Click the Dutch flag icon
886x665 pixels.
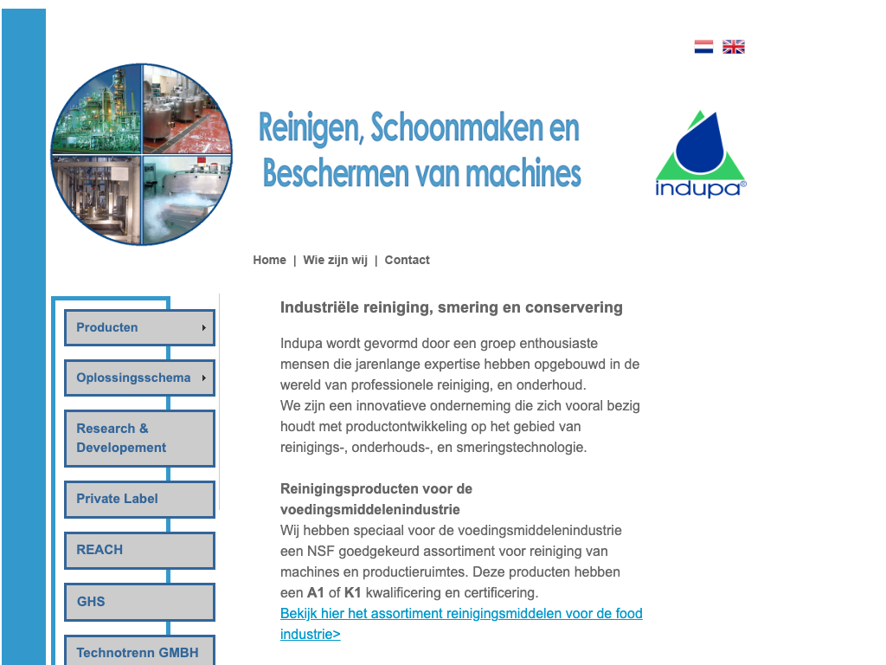[x=703, y=47]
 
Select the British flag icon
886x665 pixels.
[x=734, y=47]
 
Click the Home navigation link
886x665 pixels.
[x=269, y=260]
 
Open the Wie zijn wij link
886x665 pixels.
[x=335, y=260]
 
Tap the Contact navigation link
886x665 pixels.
[x=407, y=260]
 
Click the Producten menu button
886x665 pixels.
[x=139, y=327]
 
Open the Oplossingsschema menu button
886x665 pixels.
[x=139, y=378]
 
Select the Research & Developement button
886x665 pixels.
[x=139, y=438]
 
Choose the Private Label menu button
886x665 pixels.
[x=139, y=499]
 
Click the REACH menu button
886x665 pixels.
[x=139, y=550]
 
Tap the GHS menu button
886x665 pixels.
[x=139, y=602]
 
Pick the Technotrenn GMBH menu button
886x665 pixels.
[x=139, y=652]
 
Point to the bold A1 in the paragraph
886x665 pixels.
[x=316, y=593]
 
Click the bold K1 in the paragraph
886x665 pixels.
[x=352, y=593]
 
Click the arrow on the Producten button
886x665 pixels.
[x=204, y=328]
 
